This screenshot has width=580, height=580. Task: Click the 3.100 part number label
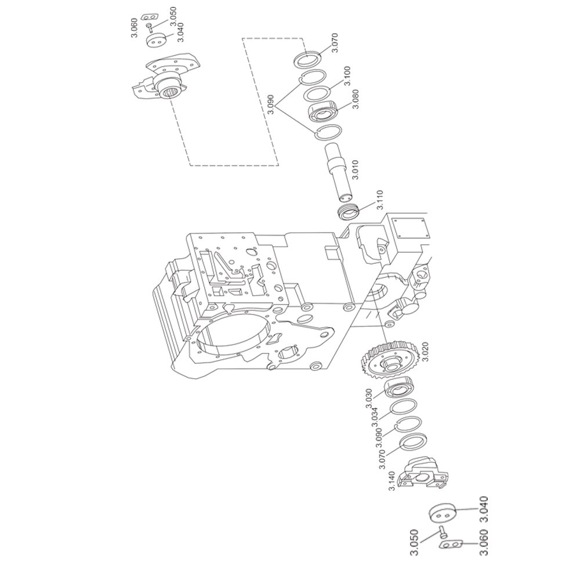point(347,76)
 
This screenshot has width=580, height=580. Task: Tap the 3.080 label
point(356,99)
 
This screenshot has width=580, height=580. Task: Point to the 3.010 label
point(355,170)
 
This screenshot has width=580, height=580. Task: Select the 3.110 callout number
point(380,200)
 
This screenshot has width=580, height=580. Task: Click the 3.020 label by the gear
point(425,352)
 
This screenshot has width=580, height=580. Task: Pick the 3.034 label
point(374,417)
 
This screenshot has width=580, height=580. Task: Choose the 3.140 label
point(392,481)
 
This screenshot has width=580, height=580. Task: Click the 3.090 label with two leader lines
point(270,104)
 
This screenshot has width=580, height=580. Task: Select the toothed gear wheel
point(389,360)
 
